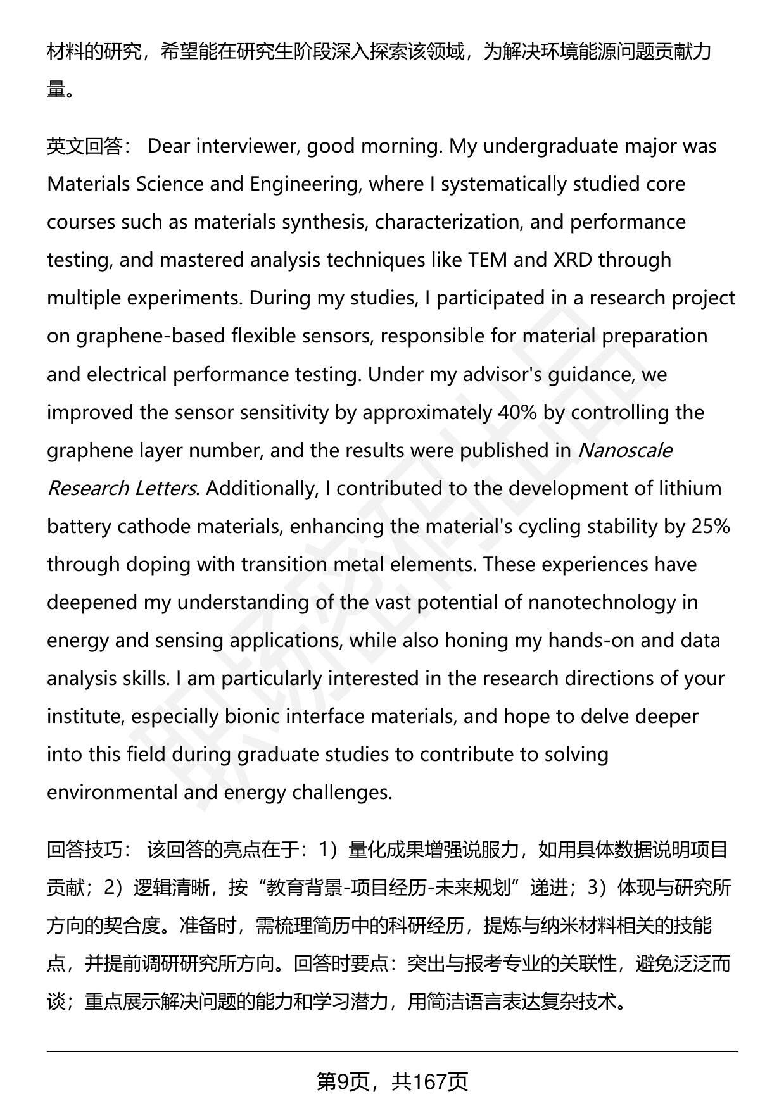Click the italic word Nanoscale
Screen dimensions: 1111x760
point(624,451)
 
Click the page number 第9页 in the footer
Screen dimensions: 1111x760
point(343,1082)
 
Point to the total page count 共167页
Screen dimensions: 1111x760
point(429,1082)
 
